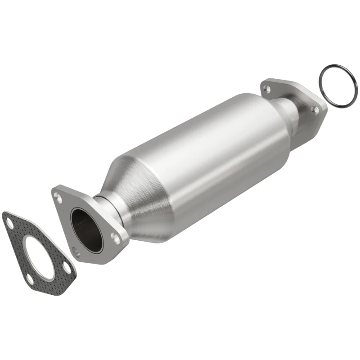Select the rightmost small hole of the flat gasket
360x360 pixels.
tap(67, 268)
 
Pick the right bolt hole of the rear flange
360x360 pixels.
tap(316, 109)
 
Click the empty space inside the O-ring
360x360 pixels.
tap(337, 86)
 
